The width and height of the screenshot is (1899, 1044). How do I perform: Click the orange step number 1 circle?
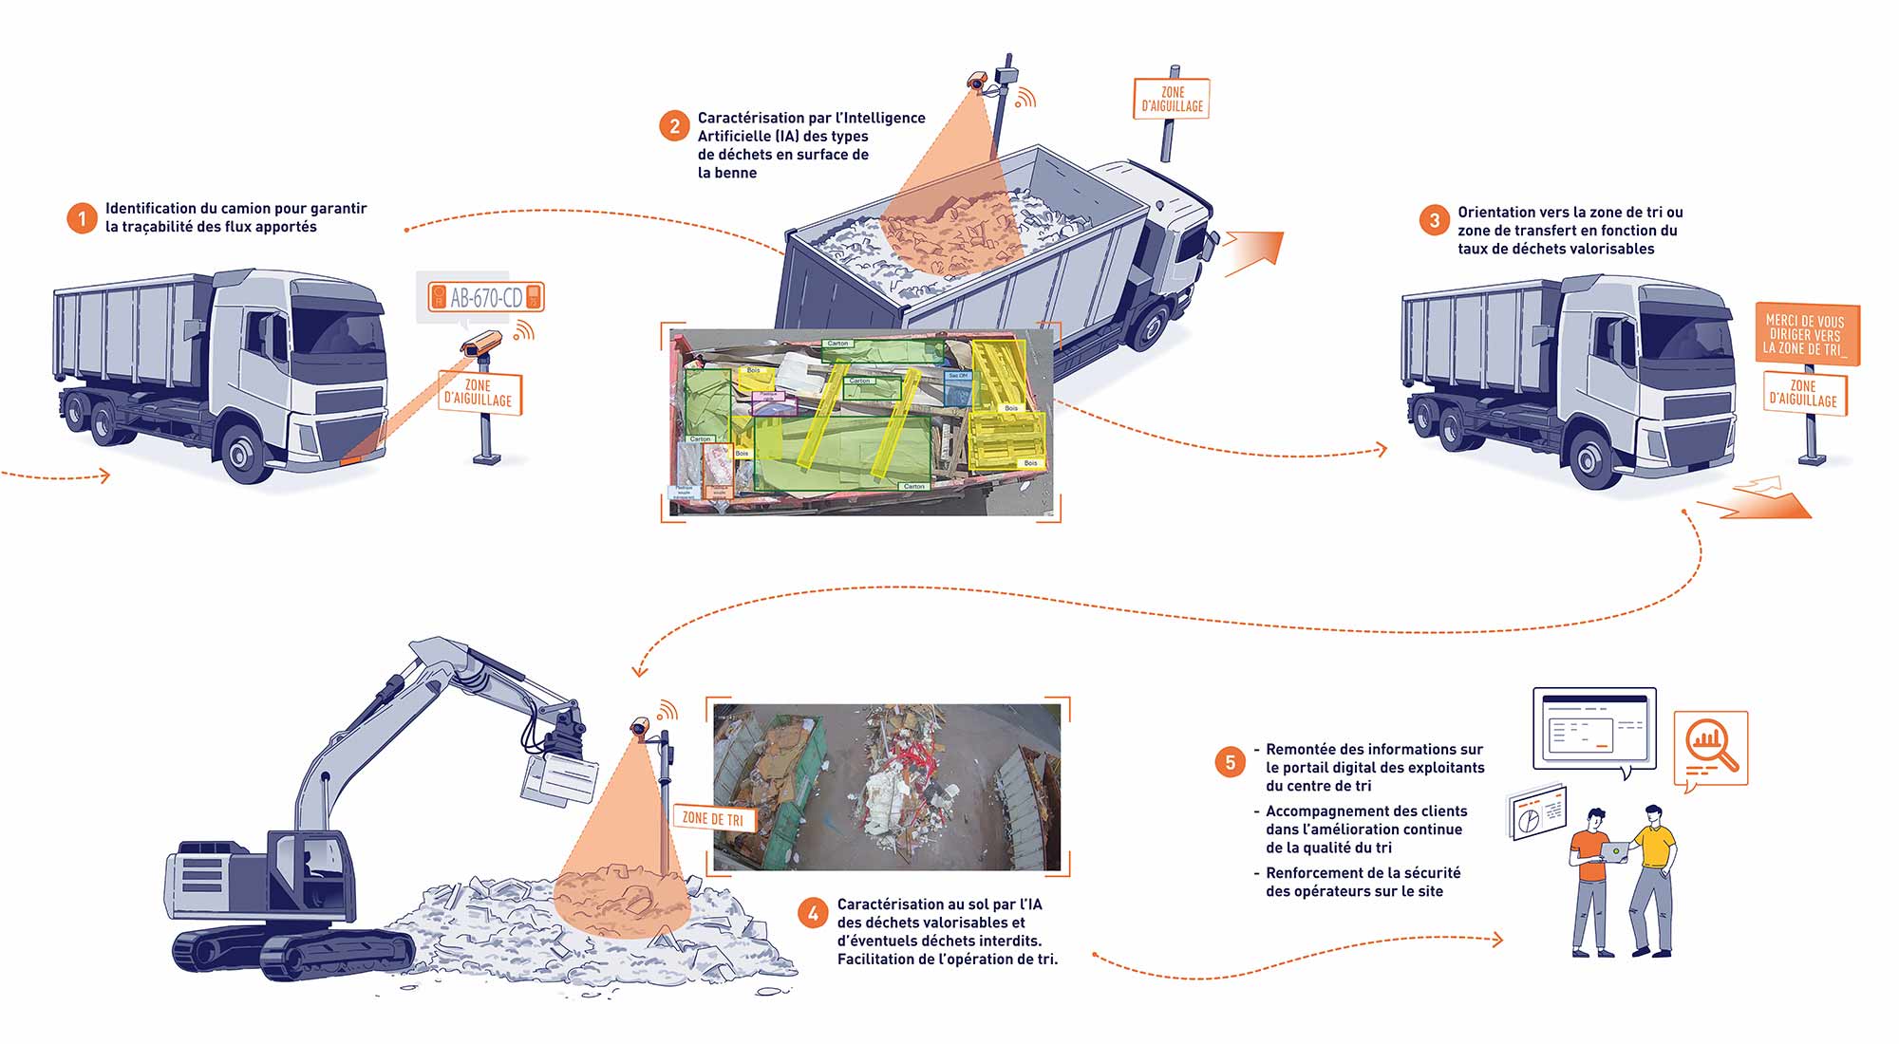82,218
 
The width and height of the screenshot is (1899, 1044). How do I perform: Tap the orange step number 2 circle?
674,126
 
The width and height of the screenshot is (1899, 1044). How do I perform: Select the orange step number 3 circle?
1434,221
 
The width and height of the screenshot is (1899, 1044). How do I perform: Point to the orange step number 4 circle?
813,914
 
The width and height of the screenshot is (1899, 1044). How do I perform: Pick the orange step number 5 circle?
1231,762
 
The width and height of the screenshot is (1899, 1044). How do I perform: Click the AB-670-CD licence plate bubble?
486,297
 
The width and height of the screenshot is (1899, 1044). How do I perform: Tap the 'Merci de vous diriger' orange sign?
1806,334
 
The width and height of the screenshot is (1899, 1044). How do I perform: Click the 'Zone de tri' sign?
714,818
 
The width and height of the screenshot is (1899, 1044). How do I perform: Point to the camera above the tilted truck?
978,82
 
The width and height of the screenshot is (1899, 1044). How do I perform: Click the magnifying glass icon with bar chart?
1711,746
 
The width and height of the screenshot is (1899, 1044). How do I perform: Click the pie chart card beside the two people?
1535,812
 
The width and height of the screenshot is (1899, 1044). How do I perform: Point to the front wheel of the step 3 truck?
1594,458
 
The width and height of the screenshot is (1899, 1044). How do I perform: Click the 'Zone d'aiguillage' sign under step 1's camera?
479,392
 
